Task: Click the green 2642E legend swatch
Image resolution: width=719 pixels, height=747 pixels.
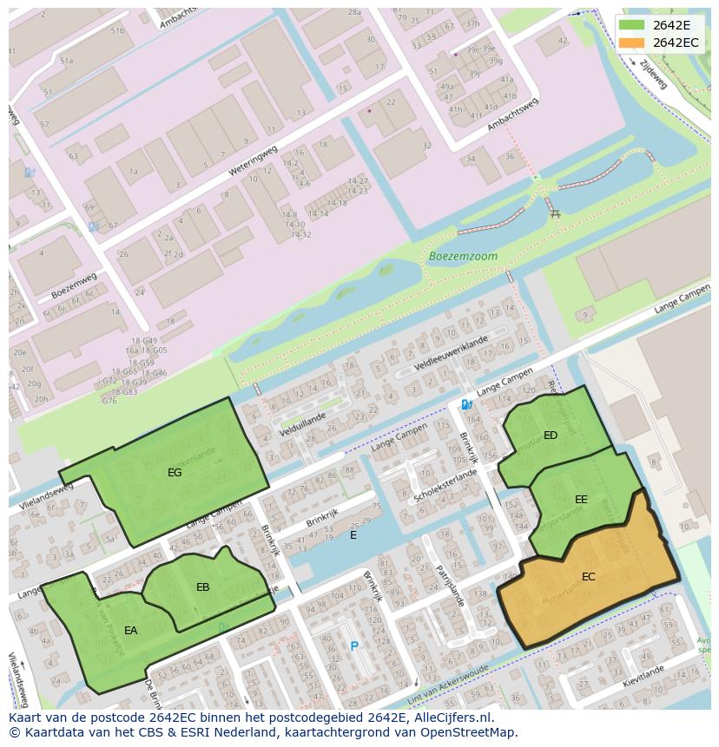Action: (x=631, y=25)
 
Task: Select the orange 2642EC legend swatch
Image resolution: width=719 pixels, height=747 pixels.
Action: (x=631, y=43)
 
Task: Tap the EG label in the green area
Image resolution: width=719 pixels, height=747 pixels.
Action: (x=175, y=473)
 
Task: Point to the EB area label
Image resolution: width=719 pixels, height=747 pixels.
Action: (x=202, y=587)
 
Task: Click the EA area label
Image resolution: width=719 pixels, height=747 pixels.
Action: (x=130, y=631)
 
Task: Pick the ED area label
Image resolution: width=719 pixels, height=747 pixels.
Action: (x=551, y=436)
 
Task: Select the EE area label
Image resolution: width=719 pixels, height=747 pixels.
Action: (x=581, y=500)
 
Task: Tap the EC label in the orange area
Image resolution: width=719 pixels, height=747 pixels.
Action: (x=588, y=577)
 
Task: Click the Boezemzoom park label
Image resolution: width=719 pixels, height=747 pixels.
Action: (x=463, y=257)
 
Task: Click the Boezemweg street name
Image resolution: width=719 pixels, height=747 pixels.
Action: (x=70, y=287)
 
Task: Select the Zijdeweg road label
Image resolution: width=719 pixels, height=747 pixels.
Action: (x=652, y=75)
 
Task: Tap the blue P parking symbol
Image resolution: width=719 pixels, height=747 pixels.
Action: (x=353, y=646)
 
